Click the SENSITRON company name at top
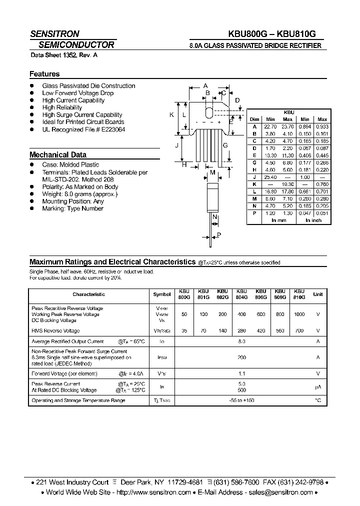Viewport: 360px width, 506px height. pyautogui.click(x=54, y=34)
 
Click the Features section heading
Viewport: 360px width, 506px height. pyautogui.click(x=44, y=74)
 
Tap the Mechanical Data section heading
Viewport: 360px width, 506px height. pyautogui.click(x=58, y=155)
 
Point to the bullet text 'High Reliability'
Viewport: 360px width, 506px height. pyautogui.click(x=62, y=107)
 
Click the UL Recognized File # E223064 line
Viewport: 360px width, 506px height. pyautogui.click(x=83, y=129)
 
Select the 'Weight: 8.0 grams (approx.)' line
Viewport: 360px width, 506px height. pyautogui.click(x=80, y=194)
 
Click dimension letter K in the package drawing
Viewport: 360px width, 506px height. pyautogui.click(x=171, y=115)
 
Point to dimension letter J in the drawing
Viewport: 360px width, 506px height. pyautogui.click(x=176, y=145)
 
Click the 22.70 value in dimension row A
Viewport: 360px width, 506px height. pyautogui.click(x=270, y=127)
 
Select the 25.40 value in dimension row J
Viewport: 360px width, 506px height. pyautogui.click(x=270, y=177)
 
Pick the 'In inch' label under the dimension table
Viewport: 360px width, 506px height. pyautogui.click(x=313, y=220)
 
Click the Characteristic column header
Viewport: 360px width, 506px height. pyautogui.click(x=89, y=294)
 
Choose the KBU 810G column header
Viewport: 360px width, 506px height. pyautogui.click(x=299, y=294)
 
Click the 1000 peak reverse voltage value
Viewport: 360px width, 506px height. pyautogui.click(x=299, y=314)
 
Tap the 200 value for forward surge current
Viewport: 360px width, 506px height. pyautogui.click(x=242, y=358)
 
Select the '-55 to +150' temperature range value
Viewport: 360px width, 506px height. pyautogui.click(x=242, y=401)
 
